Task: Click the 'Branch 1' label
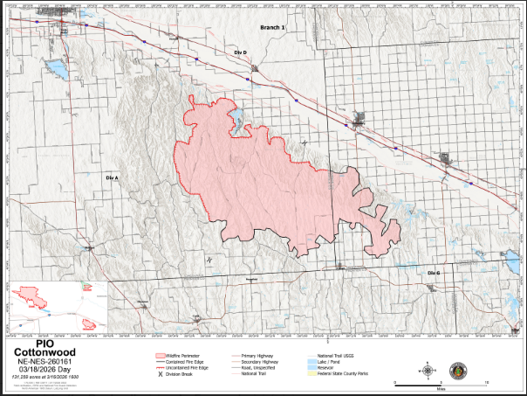273,29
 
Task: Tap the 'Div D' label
240,53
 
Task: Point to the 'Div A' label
111,177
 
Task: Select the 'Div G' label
434,274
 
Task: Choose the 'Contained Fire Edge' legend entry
186,363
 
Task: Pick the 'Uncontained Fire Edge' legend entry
188,369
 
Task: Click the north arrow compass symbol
428,371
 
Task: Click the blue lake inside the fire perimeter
236,122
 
